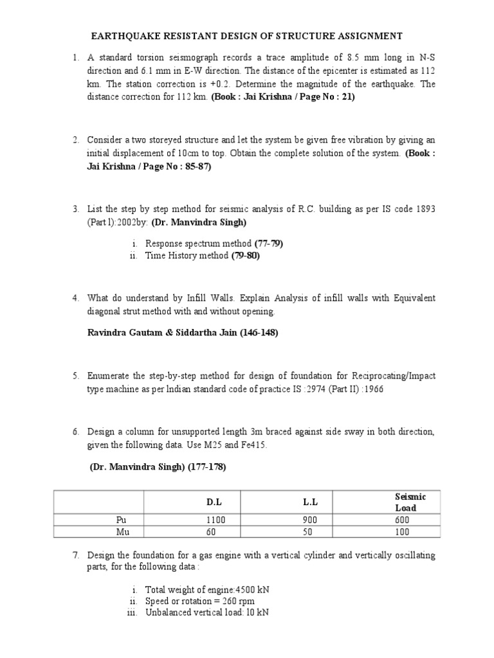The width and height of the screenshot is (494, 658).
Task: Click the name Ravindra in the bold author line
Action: pos(107,332)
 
